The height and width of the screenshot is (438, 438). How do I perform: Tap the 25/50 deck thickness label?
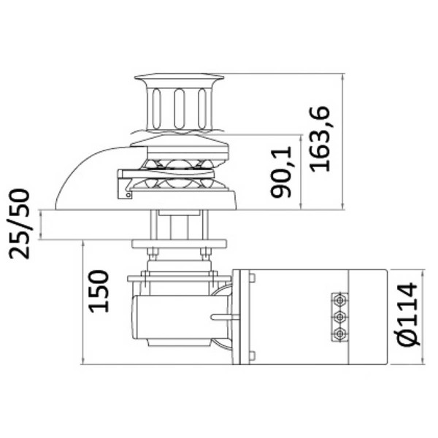pos(20,223)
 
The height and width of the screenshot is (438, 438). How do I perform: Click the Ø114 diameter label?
pos(408,314)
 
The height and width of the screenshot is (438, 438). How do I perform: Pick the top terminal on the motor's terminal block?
pos(339,300)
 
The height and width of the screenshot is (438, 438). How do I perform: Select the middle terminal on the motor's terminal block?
pos(339,317)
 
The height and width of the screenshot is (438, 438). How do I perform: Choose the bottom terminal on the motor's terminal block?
pos(339,334)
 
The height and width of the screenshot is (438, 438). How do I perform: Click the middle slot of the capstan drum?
pos(179,107)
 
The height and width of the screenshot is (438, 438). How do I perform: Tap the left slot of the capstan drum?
pos(156,107)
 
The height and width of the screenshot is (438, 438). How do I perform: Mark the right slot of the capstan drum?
pos(201,107)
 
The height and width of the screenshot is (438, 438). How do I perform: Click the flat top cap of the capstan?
pos(179,77)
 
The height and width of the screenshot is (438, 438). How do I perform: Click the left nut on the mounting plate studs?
pos(153,254)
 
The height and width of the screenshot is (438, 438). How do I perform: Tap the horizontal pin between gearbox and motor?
pos(223,317)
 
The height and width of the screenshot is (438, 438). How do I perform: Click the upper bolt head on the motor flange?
pos(251,278)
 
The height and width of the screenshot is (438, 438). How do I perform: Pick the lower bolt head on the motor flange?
pos(251,356)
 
